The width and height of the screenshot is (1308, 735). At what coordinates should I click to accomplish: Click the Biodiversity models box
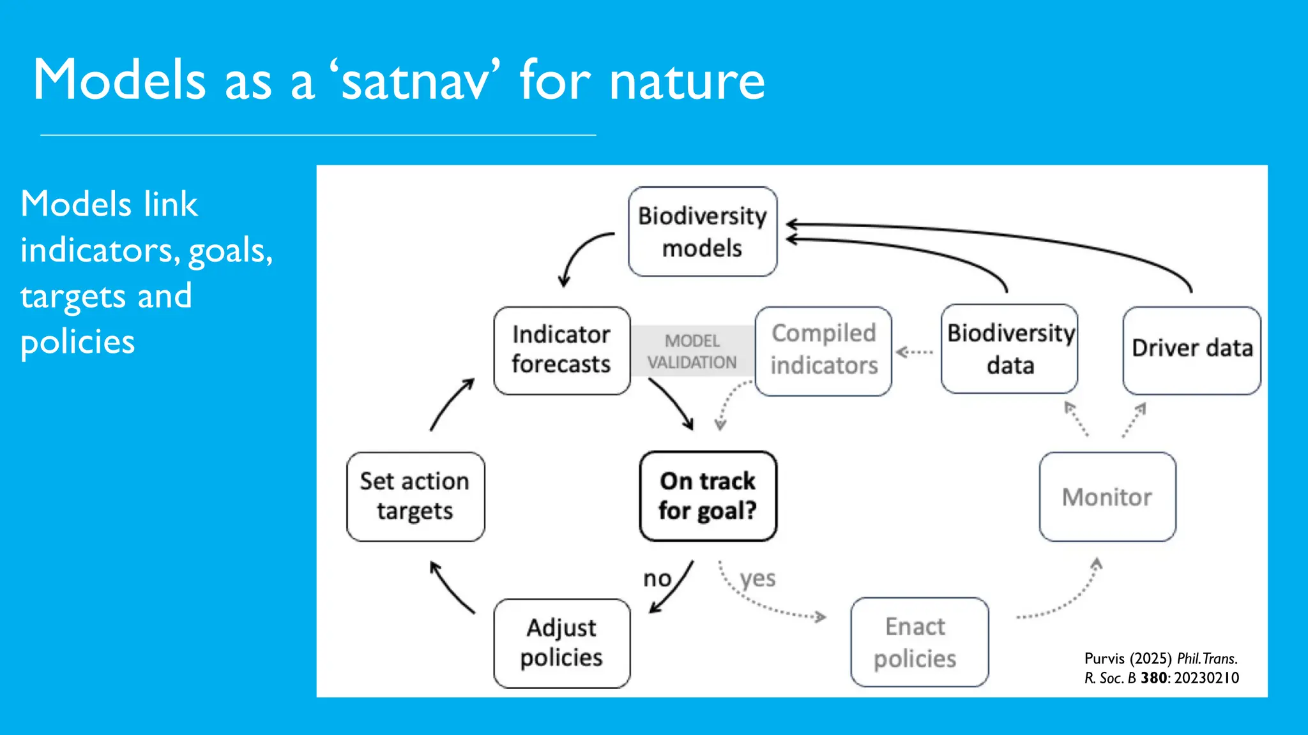(x=702, y=232)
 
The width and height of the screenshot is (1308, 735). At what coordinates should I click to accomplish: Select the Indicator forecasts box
(x=561, y=350)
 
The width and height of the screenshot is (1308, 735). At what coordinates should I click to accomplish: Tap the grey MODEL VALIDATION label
(x=692, y=351)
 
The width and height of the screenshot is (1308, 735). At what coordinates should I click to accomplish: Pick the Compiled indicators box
(x=823, y=350)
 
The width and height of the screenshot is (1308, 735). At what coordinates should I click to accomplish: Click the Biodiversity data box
(x=1009, y=349)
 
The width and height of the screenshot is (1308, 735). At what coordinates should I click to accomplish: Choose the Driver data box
(x=1191, y=350)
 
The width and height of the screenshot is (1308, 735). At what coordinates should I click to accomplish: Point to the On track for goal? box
(x=708, y=496)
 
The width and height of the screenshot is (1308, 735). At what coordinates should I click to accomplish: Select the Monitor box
(x=1107, y=497)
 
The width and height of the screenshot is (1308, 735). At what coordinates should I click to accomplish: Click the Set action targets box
(x=415, y=496)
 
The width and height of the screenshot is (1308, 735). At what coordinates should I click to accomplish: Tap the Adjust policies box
(x=561, y=642)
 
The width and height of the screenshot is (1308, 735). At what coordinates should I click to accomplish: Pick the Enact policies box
(x=918, y=642)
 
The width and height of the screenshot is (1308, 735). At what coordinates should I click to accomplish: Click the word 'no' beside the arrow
(x=657, y=579)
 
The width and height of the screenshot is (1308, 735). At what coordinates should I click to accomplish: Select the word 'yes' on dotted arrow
(x=757, y=579)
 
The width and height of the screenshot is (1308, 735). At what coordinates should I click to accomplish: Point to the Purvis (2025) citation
(x=1160, y=668)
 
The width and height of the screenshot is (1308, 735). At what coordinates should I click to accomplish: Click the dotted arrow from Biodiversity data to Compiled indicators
(x=915, y=352)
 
